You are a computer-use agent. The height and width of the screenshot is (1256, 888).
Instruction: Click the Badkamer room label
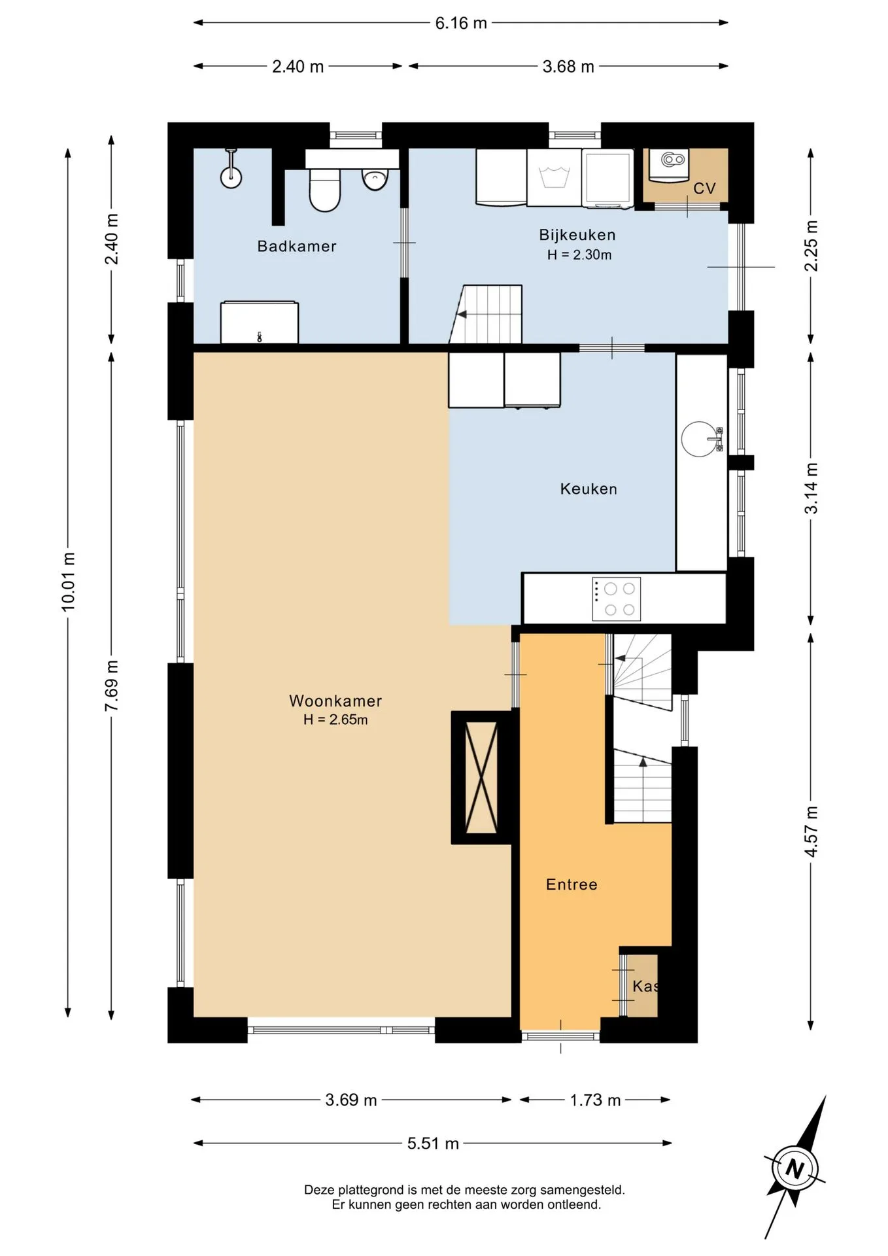(x=297, y=247)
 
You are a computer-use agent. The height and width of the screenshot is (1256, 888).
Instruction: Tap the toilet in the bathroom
(x=324, y=190)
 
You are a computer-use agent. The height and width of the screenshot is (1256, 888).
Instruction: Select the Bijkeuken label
(x=577, y=235)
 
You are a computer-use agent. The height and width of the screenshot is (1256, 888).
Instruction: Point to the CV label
(x=704, y=188)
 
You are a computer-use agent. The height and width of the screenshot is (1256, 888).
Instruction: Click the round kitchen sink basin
(x=698, y=438)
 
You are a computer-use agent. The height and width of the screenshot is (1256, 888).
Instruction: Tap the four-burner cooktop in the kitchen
(x=616, y=599)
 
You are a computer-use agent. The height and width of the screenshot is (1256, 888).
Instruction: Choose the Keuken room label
(x=589, y=489)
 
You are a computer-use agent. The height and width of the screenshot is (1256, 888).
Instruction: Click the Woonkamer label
(x=335, y=701)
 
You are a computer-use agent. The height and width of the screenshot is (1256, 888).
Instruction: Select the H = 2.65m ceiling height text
(x=335, y=720)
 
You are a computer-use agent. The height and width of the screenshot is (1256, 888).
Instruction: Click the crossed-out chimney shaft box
(x=481, y=778)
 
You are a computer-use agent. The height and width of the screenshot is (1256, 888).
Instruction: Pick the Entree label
(x=572, y=884)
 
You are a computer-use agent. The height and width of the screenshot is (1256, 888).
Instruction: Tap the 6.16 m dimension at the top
(x=461, y=23)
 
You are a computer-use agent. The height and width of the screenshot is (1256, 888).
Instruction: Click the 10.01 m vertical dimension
(x=68, y=582)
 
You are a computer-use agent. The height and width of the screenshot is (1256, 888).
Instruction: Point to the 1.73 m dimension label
(x=595, y=1100)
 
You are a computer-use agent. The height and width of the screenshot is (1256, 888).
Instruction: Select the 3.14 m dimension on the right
(x=811, y=488)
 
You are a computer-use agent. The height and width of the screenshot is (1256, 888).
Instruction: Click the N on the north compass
(x=794, y=1168)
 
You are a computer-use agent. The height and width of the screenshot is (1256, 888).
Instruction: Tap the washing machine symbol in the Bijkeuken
(x=554, y=178)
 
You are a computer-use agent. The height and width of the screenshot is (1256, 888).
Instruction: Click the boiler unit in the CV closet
(x=669, y=164)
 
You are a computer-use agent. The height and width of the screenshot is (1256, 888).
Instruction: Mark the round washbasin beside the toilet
(x=373, y=179)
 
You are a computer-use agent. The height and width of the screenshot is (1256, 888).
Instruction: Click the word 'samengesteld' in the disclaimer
(x=582, y=1189)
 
